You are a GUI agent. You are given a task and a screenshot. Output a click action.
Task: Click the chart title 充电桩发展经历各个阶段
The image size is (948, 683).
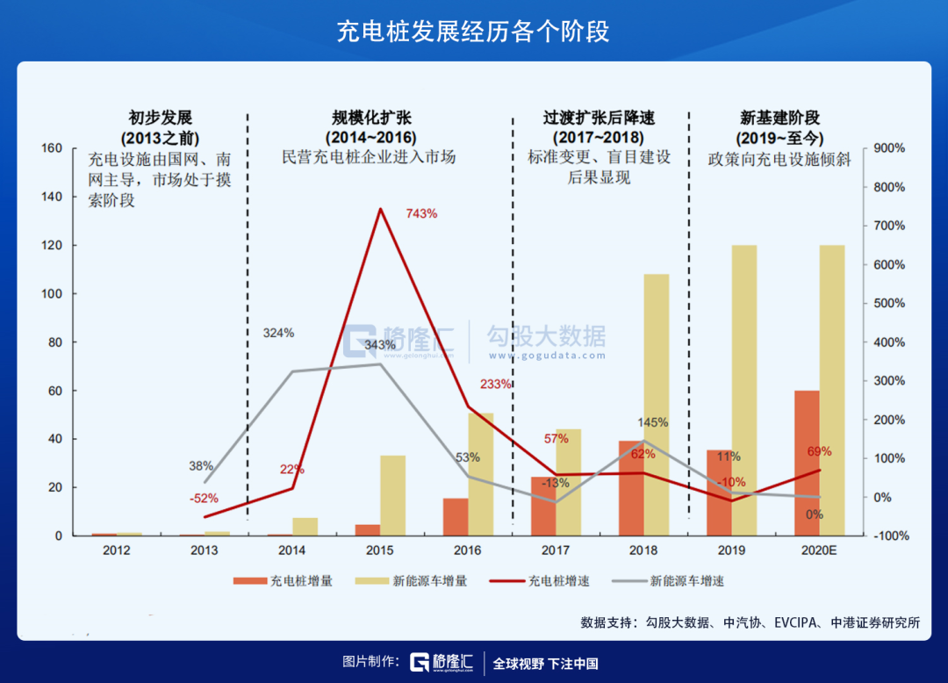click(473, 32)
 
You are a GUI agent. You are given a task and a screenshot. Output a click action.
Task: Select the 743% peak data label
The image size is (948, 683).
click(421, 213)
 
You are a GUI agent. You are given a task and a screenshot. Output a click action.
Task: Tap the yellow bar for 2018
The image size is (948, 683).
click(657, 404)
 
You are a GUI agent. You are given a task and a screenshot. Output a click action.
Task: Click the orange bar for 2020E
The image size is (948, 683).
click(807, 463)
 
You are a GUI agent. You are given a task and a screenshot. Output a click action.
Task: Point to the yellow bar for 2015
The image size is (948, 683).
click(392, 495)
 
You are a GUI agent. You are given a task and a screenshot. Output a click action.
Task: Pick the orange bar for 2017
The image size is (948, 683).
click(543, 506)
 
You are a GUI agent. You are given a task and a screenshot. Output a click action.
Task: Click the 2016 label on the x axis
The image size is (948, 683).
click(468, 550)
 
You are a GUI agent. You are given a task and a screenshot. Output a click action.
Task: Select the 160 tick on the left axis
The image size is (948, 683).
click(52, 148)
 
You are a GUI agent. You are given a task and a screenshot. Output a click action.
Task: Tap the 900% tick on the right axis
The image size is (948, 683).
click(889, 148)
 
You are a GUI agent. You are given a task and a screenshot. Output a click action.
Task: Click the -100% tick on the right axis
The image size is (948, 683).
click(887, 536)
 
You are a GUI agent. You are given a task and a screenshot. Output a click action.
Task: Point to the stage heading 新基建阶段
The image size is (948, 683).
click(773, 118)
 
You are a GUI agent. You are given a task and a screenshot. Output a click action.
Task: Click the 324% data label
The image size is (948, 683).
click(279, 333)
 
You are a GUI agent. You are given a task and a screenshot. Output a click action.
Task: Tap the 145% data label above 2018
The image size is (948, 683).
click(653, 422)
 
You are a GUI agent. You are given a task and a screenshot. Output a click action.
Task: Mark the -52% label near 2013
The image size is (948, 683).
click(204, 498)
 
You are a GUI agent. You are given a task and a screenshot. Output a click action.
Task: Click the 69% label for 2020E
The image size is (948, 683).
click(819, 451)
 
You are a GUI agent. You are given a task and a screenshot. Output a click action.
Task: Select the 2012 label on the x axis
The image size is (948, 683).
click(117, 550)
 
